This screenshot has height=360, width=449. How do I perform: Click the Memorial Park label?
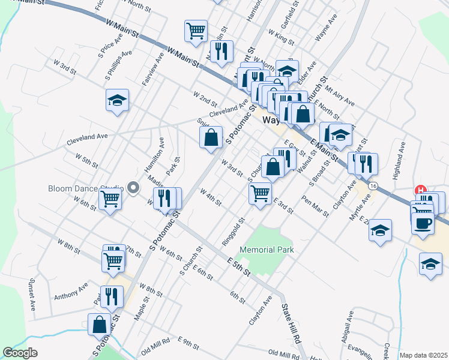(x=267, y=250)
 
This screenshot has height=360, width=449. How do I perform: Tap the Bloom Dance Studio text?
(x=86, y=188)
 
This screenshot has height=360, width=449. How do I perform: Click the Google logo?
(x=20, y=353)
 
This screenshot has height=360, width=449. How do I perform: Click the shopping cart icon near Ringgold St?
(x=259, y=193)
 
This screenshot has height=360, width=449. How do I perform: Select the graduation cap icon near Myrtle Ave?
(x=380, y=230)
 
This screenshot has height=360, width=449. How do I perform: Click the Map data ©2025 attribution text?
(x=423, y=355)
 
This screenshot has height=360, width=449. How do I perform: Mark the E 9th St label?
(x=188, y=343)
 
